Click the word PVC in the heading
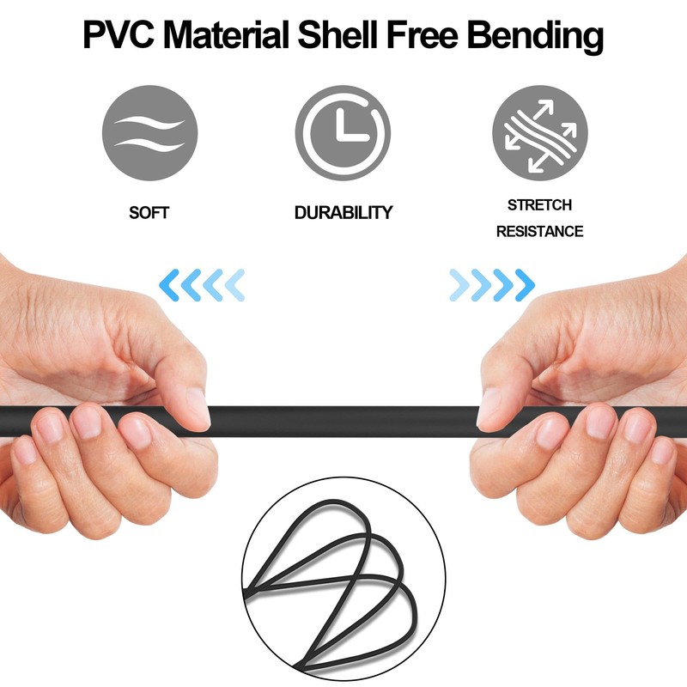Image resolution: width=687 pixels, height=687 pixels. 118,36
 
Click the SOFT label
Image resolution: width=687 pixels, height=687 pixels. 149,212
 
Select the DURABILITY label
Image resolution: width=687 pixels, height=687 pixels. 343,212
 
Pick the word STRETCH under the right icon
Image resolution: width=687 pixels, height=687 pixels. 539,205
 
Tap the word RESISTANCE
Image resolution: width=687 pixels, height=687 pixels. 539,231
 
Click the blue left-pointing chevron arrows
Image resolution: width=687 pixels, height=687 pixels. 203,283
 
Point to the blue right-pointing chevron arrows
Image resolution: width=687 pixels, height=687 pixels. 491,283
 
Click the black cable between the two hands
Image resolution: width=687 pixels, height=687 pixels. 343,422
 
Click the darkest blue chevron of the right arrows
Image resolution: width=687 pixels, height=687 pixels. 525,283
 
